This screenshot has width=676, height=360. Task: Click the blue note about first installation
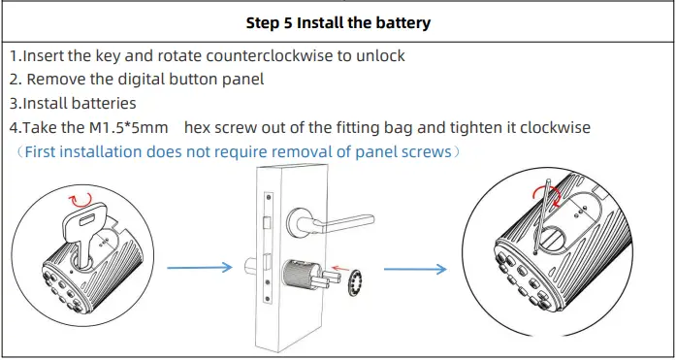pos(236,151)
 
